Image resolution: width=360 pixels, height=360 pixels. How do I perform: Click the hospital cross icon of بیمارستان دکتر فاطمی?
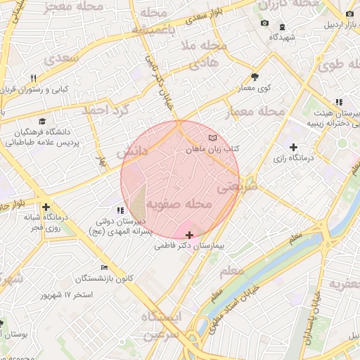click(189, 235)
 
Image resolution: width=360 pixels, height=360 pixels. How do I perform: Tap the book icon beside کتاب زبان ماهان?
click(213, 138)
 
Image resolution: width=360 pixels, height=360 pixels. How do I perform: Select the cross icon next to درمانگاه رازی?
click(293, 147)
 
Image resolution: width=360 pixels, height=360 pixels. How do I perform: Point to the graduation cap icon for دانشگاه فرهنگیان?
click(44, 121)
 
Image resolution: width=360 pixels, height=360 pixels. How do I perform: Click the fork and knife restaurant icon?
click(33, 78)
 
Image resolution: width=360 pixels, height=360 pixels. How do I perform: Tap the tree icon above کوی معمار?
click(255, 77)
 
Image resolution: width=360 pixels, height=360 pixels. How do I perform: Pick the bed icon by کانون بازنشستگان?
click(104, 267)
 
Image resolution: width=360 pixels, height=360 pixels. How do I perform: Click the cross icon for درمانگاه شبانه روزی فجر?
click(46, 207)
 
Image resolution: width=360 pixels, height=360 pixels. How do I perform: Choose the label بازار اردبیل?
click(341, 25)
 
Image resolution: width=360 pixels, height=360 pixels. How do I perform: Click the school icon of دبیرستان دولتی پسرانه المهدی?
click(120, 210)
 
